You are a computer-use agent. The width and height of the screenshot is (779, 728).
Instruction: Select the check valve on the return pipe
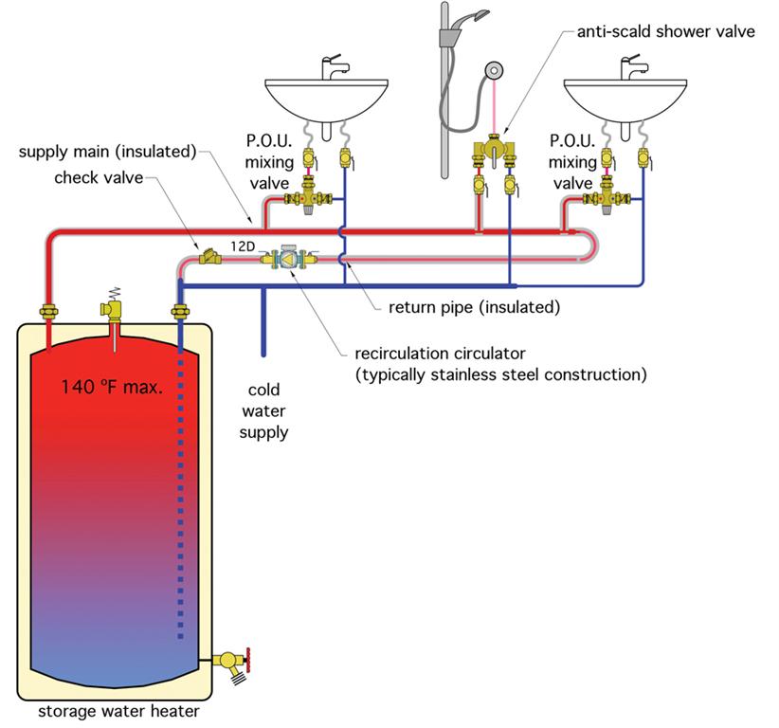210,257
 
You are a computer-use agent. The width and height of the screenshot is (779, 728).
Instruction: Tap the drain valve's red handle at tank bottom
247,661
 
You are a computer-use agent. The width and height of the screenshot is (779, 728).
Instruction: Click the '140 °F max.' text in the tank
112,387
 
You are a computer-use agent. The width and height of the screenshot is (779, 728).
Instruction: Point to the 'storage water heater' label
118,711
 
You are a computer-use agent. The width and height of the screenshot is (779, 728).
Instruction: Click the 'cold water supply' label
263,411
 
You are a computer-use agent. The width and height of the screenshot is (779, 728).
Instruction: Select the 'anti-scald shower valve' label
665,31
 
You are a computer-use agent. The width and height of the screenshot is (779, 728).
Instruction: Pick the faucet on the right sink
632,67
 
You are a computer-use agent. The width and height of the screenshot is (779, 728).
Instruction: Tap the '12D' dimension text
243,246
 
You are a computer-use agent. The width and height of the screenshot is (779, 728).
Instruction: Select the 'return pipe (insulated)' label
475,307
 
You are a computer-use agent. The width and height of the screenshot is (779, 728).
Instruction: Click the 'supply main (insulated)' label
108,151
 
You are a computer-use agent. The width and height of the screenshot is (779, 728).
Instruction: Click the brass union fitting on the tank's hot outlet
48,312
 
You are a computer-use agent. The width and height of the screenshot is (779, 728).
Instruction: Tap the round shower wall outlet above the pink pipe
495,70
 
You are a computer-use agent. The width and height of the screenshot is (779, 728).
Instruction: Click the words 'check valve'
99,177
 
